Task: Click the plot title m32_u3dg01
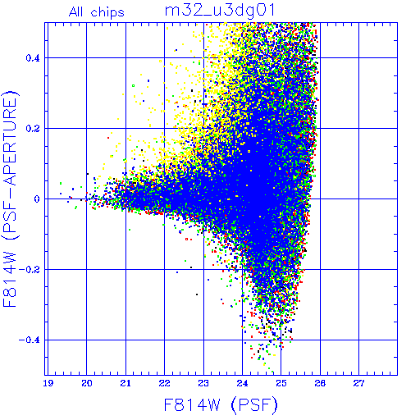(220, 11)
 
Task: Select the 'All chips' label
(97, 12)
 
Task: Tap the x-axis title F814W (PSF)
(221, 404)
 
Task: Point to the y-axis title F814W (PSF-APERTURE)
(11, 199)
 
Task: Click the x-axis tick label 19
(48, 383)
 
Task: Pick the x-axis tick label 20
(87, 383)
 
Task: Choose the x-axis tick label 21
(126, 383)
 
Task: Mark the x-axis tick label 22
(165, 383)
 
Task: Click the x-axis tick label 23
(203, 383)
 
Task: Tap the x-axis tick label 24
(242, 383)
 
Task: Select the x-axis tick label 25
(281, 383)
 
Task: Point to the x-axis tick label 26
(320, 383)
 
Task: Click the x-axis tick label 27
(358, 383)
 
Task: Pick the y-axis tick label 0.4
(33, 58)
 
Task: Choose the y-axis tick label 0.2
(33, 129)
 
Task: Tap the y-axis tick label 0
(37, 199)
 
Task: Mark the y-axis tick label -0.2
(30, 270)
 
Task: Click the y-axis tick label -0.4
(30, 340)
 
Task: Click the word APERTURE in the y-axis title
(11, 141)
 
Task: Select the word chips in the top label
(107, 13)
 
